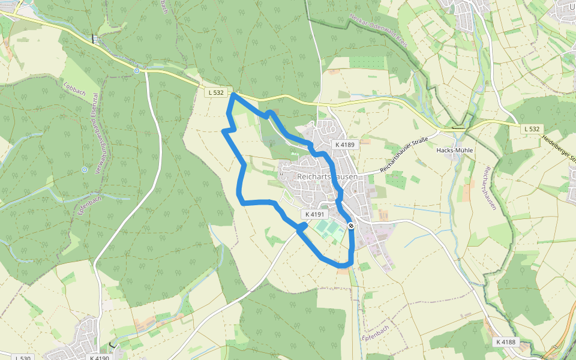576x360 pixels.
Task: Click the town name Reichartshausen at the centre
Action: (x=327, y=177)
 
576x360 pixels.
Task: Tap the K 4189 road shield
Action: (x=345, y=145)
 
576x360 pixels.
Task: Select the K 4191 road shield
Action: (x=314, y=214)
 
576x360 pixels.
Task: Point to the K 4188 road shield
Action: (x=506, y=341)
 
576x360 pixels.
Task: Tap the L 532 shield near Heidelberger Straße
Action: (x=531, y=128)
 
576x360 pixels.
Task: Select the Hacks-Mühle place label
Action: (x=457, y=150)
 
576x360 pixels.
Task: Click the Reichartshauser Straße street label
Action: (x=403, y=156)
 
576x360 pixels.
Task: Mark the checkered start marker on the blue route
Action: (x=350, y=226)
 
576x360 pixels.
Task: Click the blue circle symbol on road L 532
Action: (x=137, y=71)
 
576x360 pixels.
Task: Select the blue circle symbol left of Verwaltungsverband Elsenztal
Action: (x=85, y=170)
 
